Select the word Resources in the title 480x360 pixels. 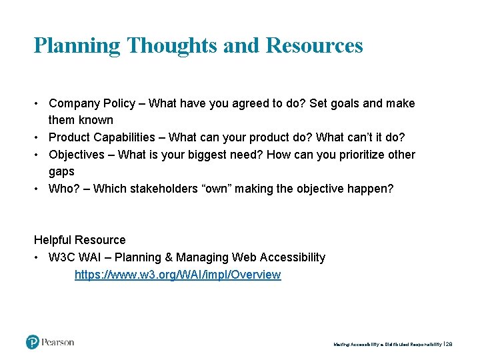click(314, 45)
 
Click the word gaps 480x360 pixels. click(61, 171)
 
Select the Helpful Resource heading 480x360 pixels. click(79, 240)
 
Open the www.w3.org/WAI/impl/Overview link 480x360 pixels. click(177, 275)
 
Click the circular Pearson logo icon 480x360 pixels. click(33, 342)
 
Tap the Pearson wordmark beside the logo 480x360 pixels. click(58, 342)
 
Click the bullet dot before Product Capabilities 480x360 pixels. click(37, 137)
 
